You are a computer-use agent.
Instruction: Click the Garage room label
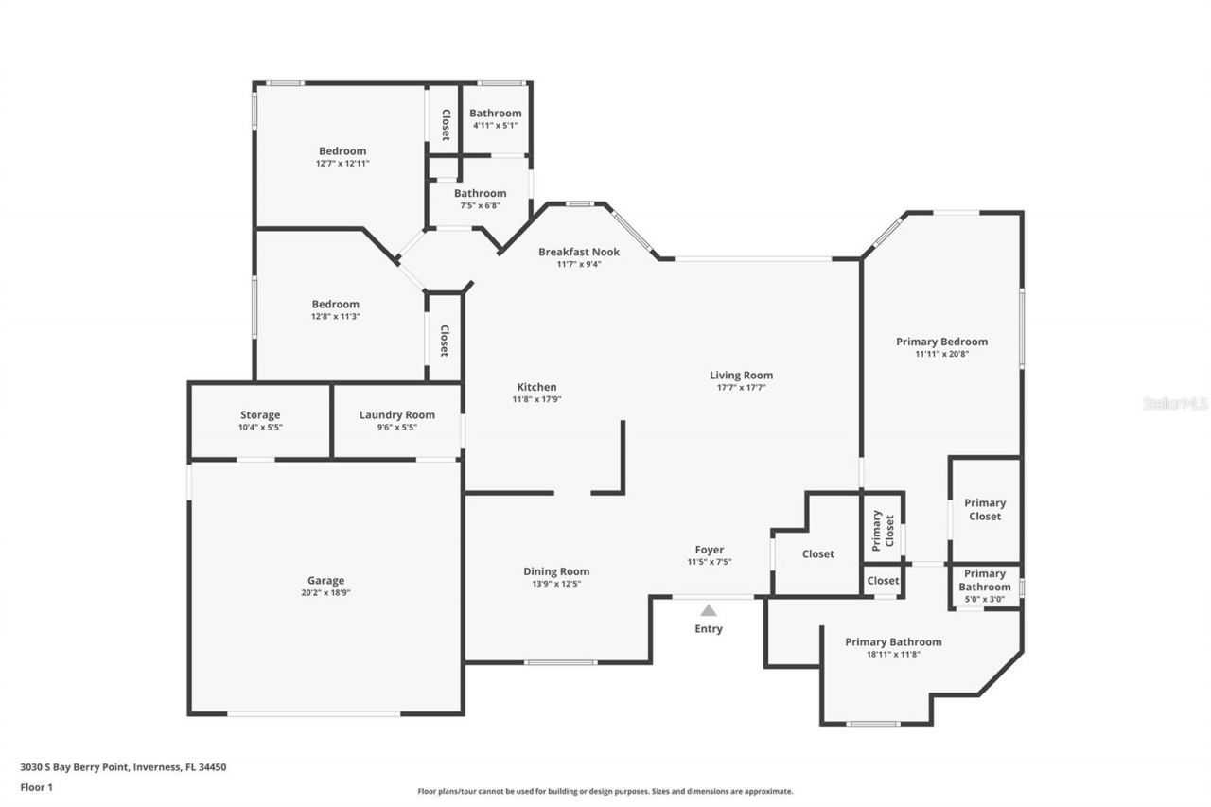325,581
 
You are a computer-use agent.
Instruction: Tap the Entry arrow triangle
709,610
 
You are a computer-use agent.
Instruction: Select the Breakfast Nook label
579,252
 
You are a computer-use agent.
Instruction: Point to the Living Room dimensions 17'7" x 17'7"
742,387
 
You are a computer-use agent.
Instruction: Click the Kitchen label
536,387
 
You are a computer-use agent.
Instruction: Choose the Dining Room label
556,571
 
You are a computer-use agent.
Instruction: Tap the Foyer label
710,550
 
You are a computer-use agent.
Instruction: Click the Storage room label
259,415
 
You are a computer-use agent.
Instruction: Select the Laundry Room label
396,415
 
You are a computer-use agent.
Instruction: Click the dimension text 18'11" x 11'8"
893,654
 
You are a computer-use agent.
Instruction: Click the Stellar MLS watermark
1175,403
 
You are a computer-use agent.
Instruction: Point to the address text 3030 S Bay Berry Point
123,767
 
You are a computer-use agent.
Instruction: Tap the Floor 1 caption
36,786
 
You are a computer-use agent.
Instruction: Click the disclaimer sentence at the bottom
605,791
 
